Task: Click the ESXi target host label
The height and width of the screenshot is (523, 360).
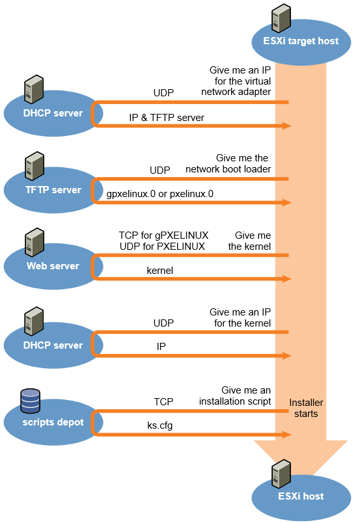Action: coord(301,41)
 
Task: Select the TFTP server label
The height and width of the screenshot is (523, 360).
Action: coord(53,190)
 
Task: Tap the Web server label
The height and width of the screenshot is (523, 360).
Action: coord(53,266)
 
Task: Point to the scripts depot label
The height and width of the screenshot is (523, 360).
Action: coord(53,422)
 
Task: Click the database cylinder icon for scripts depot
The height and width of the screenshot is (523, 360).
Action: coord(31,401)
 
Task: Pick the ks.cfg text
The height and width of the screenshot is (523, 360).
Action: coord(159,425)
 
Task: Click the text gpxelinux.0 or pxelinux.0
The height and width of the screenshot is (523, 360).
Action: coord(159,194)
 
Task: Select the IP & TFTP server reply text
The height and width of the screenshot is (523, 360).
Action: coord(166,118)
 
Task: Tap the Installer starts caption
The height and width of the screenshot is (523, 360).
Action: coord(306,409)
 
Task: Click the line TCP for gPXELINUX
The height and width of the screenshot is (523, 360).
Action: coord(163,235)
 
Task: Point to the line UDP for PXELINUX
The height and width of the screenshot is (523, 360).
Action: coord(162,247)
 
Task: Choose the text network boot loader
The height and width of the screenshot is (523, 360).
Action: coord(228,169)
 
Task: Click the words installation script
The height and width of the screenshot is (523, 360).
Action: coord(235,401)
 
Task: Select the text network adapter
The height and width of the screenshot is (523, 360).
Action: coord(236,92)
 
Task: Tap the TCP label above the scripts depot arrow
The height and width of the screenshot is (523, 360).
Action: coord(163,401)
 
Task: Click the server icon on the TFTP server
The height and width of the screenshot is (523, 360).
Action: coord(35,166)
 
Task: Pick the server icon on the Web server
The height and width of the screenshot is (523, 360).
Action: coord(35,242)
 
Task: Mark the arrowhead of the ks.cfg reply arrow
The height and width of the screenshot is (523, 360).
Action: coord(287,435)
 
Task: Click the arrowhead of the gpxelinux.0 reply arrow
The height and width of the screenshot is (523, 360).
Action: coord(287,202)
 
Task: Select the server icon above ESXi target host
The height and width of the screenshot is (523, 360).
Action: coord(281,18)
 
